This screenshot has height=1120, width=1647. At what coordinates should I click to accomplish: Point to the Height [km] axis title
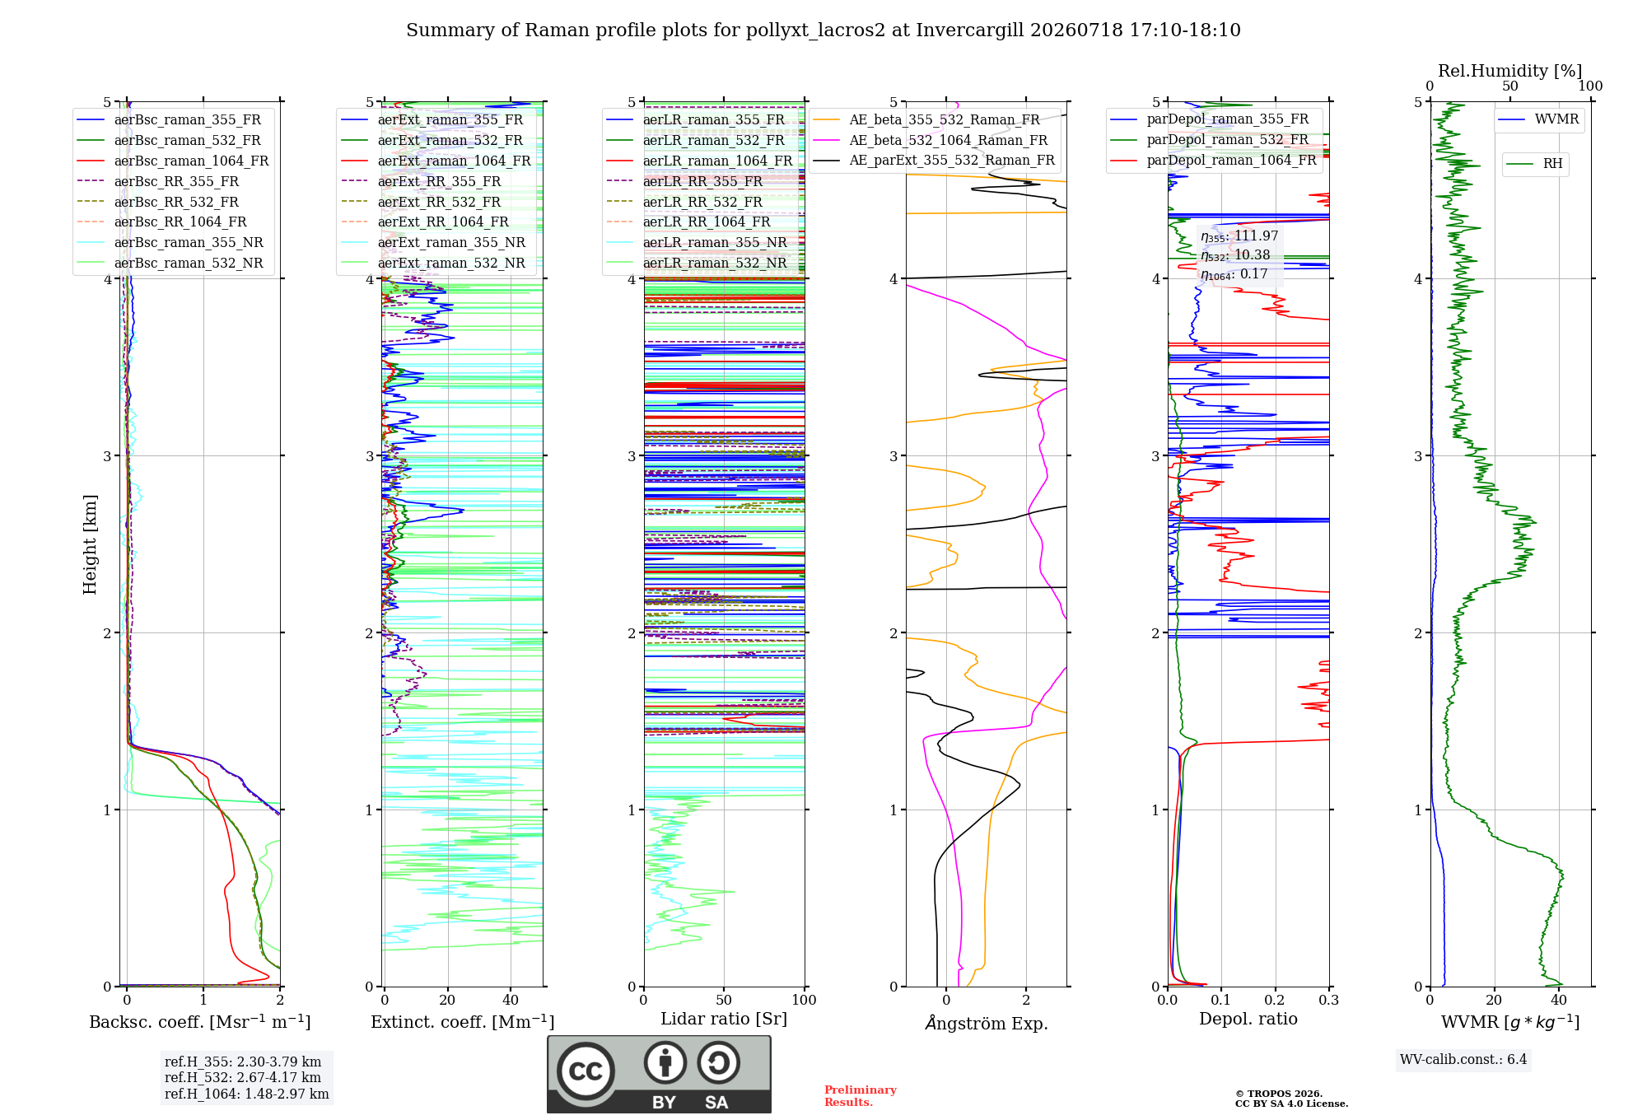[90, 544]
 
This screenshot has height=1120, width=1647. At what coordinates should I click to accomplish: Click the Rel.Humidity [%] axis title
[1509, 71]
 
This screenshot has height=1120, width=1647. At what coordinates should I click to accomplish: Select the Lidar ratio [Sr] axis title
[724, 1020]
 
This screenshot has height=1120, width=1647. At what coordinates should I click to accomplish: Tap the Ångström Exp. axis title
[987, 1023]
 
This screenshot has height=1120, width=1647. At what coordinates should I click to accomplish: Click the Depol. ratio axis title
[1248, 1020]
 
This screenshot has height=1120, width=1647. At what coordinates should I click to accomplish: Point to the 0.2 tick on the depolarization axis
[1275, 1000]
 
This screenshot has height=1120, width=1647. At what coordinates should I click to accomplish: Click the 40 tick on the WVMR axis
[1558, 1000]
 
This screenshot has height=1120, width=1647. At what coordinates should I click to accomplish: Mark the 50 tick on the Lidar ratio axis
[724, 1000]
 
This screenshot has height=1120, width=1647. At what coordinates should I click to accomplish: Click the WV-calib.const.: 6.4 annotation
[1463, 1060]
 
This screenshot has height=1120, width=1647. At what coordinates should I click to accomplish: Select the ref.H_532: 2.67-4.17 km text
[243, 1077]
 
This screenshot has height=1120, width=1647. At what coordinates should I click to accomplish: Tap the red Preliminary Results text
[861, 1096]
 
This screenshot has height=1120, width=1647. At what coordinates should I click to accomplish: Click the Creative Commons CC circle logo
[586, 1071]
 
